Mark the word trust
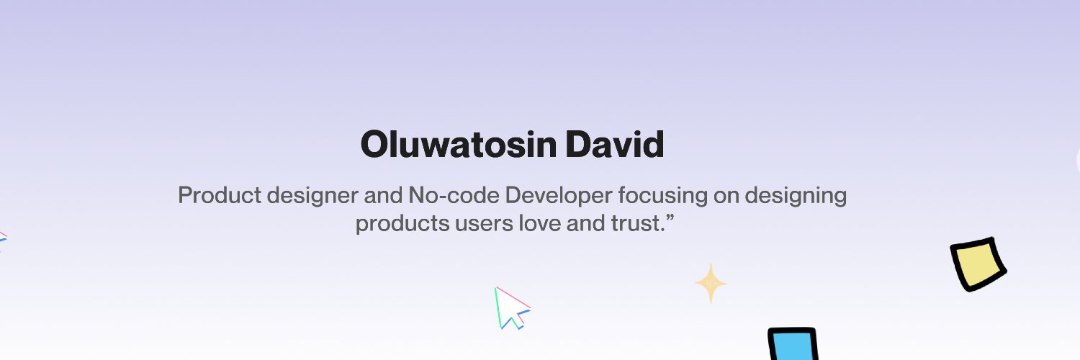636,224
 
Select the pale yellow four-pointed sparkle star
711,283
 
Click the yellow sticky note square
978,264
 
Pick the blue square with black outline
793,344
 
